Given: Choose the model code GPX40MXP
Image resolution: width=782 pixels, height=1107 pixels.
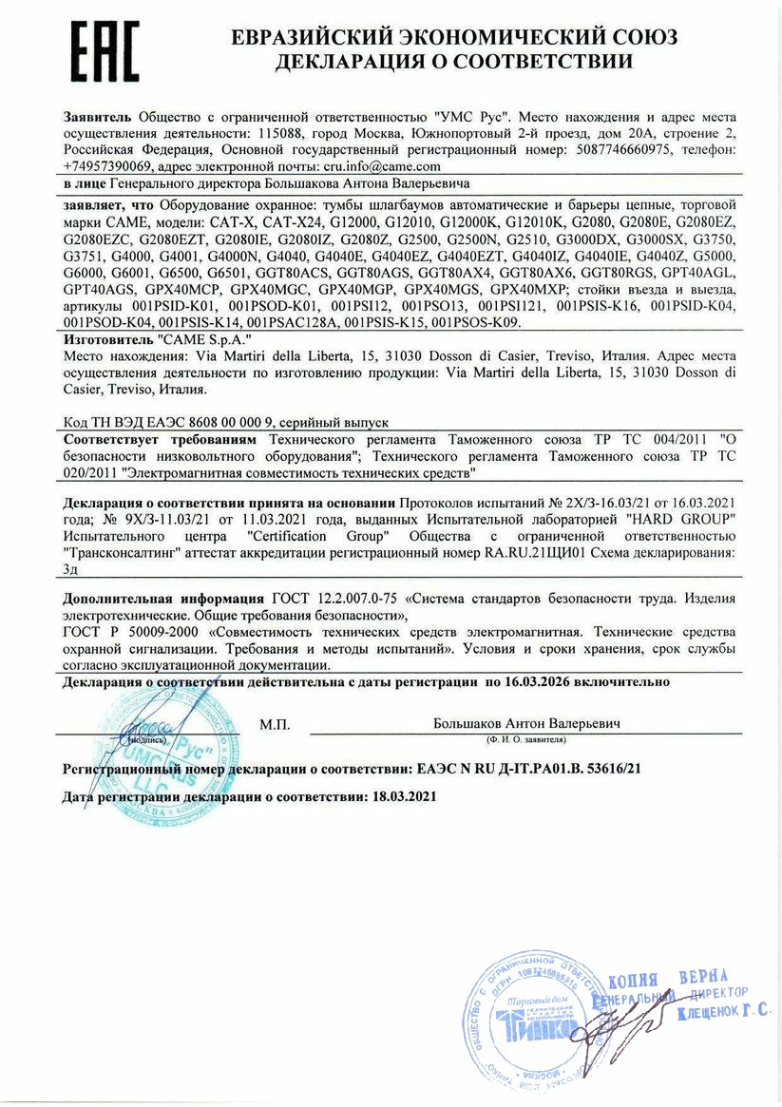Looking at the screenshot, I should point(525,289).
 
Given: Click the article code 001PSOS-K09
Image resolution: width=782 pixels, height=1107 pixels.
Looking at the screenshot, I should point(476,322).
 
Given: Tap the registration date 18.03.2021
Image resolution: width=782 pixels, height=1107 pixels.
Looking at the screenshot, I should point(400,796).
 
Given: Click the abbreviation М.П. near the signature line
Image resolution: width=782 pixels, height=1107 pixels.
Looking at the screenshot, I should point(275,725).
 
